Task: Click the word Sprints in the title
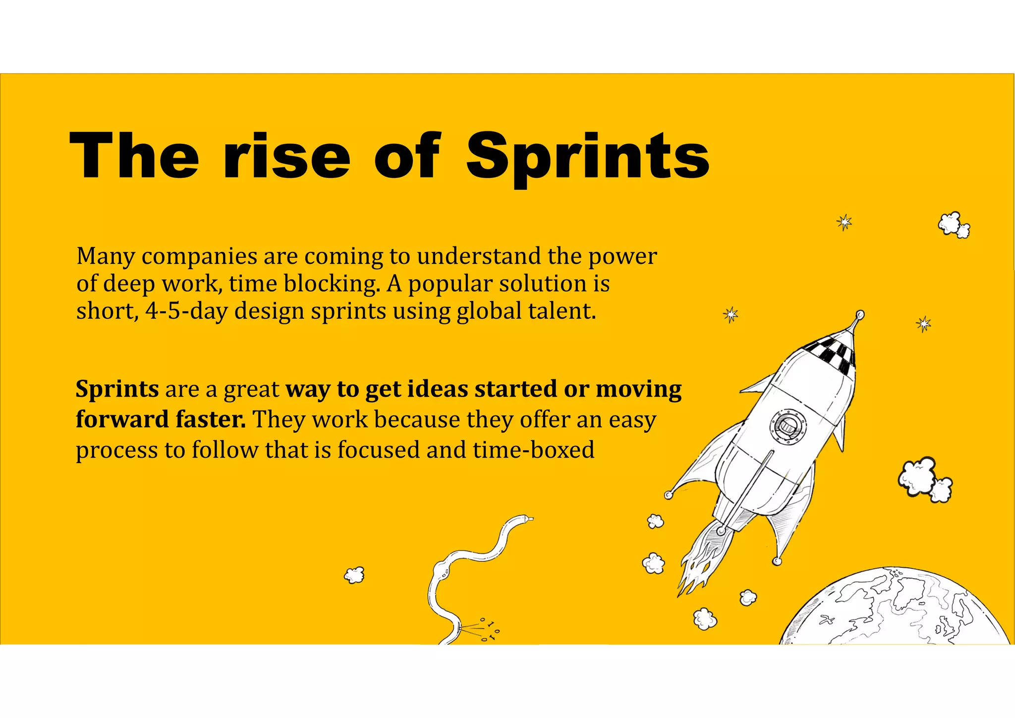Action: coord(588,156)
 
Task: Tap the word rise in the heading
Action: coord(286,156)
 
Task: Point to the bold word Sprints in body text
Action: coord(117,389)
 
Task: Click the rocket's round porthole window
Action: coord(788,426)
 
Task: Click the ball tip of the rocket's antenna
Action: coord(860,314)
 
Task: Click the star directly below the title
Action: coord(844,222)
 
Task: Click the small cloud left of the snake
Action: coord(354,575)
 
